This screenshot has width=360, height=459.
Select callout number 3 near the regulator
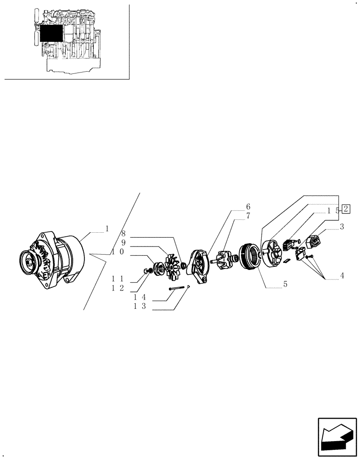(x=342, y=227)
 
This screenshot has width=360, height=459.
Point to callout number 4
(x=342, y=275)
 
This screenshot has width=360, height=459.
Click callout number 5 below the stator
(x=285, y=285)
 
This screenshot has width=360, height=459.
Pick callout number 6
(x=248, y=206)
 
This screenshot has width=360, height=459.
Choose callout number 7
(x=248, y=216)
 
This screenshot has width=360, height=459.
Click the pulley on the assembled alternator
(x=31, y=263)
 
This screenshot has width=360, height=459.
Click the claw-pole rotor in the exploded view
(x=225, y=261)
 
